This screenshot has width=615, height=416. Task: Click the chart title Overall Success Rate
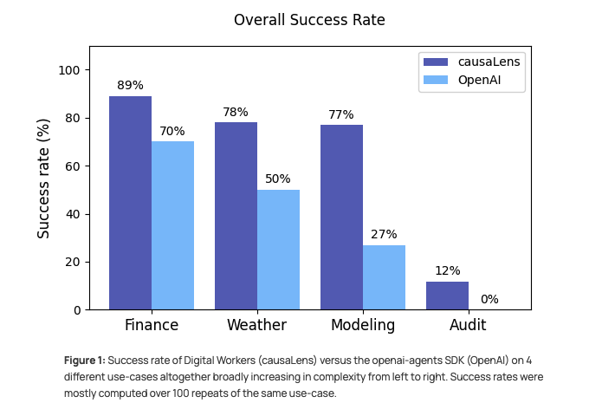coord(309,20)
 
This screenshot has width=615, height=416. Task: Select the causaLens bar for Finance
coord(130,203)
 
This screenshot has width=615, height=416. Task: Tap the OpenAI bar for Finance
coord(172,225)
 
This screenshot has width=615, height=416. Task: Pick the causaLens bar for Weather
coord(236,216)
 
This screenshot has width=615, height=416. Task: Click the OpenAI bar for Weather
coord(278,250)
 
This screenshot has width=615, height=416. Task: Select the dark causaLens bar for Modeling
coord(341,217)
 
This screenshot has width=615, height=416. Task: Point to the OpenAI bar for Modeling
coord(384,277)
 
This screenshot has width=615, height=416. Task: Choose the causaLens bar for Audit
coord(447,296)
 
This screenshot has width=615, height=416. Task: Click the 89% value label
coord(130,86)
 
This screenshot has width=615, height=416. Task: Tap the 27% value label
coord(384,234)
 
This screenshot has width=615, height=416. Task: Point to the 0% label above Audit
coord(489,299)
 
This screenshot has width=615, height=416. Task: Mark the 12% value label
coord(447,270)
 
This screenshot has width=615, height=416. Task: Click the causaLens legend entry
coord(489,62)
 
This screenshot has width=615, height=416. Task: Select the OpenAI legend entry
coord(479,81)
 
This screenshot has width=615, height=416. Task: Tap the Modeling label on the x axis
coord(363,326)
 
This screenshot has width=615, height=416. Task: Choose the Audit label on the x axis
coord(468,326)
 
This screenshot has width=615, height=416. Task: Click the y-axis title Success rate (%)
coord(44,179)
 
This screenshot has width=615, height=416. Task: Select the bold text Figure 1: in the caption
coord(84,360)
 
